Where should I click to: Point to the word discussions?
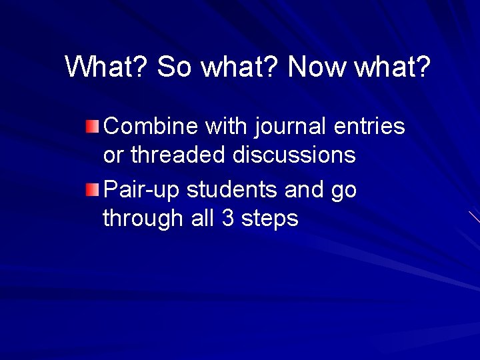[x=294, y=156]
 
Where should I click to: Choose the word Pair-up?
[x=142, y=191]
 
